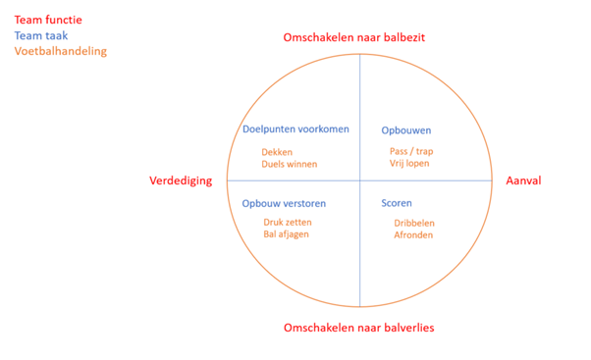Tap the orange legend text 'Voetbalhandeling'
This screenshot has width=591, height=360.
(61, 51)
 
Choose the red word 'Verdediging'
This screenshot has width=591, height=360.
(181, 181)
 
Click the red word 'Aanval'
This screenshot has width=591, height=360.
(523, 181)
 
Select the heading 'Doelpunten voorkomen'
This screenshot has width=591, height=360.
(295, 129)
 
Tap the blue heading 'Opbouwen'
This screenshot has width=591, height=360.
(405, 130)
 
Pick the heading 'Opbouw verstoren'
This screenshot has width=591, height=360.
(284, 204)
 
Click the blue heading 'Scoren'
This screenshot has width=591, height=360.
(397, 204)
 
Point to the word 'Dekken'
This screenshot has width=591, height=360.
(278, 152)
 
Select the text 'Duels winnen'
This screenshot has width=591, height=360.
(290, 165)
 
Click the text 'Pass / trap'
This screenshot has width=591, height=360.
(411, 152)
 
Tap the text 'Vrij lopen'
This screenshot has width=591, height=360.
(409, 164)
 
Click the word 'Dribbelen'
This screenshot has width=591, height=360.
(414, 223)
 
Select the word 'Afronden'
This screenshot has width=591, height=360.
(412, 235)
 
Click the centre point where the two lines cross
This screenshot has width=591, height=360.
(359, 180)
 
